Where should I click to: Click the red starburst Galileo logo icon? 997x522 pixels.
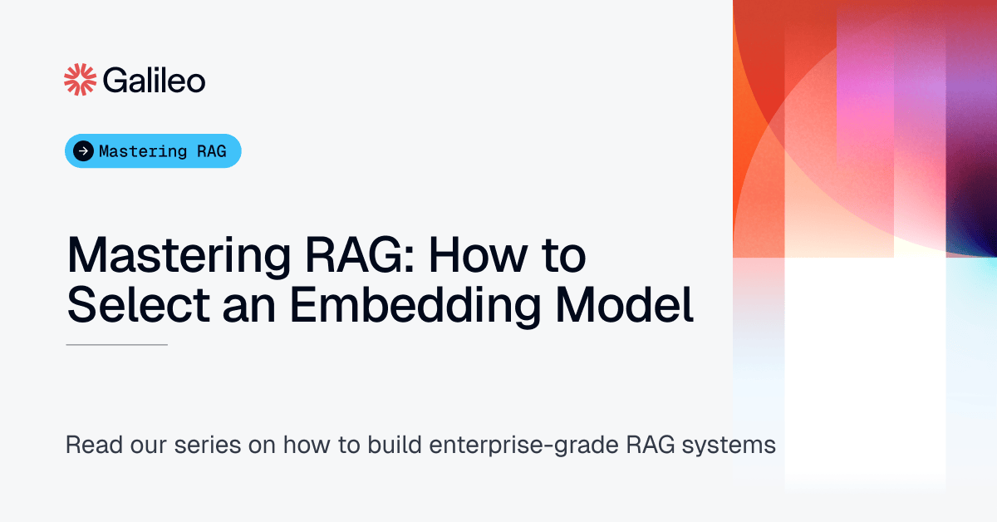pyautogui.click(x=81, y=80)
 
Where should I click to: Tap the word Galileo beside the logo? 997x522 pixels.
pyautogui.click(x=155, y=81)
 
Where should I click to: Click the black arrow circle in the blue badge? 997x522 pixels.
pyautogui.click(x=83, y=151)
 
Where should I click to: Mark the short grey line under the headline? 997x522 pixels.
pyautogui.click(x=116, y=344)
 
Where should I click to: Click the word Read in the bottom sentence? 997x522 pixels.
pyautogui.click(x=90, y=445)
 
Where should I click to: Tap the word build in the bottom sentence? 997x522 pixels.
pyautogui.click(x=395, y=445)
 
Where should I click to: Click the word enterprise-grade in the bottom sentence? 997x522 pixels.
pyautogui.click(x=526, y=445)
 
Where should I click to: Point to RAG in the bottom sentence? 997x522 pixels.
pyautogui.click(x=651, y=445)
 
